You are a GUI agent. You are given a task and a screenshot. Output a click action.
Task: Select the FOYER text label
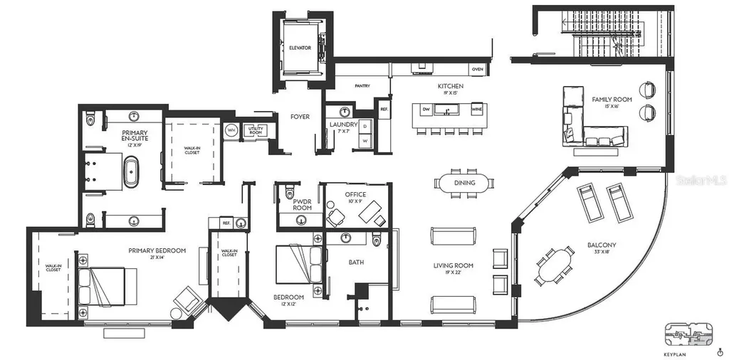(x=300, y=116)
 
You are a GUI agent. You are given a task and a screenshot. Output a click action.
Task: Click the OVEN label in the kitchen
(x=478, y=69)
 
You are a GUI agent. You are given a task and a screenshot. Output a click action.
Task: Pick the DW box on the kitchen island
(x=426, y=110)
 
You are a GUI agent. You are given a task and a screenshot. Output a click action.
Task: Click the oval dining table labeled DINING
(x=464, y=183)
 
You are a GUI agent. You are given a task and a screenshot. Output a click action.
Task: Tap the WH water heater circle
(x=231, y=130)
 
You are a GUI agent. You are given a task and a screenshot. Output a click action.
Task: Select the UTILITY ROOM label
(x=254, y=130)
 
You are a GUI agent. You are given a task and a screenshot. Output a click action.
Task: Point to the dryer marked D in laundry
(x=365, y=127)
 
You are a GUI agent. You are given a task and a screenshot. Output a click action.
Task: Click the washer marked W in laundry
(x=365, y=141)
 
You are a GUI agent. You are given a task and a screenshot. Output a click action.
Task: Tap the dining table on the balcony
(x=555, y=265)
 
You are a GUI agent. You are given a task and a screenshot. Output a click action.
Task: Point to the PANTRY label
(x=362, y=86)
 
